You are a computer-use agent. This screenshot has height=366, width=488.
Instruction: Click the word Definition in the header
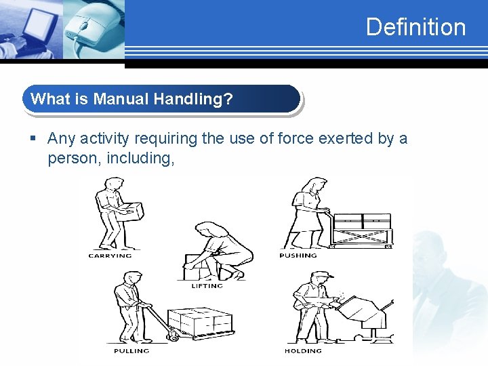point(415,27)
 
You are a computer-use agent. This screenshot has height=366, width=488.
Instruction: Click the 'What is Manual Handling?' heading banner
point(161,99)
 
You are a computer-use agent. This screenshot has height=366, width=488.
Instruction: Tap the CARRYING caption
point(110,256)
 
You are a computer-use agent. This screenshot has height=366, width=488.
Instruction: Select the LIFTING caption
point(207,286)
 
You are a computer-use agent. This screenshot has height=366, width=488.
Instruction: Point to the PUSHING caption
point(298,256)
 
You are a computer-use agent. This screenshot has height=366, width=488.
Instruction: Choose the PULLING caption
point(131,351)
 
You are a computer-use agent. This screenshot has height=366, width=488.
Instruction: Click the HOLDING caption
point(303,351)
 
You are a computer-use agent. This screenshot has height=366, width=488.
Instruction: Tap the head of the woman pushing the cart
point(314,184)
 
